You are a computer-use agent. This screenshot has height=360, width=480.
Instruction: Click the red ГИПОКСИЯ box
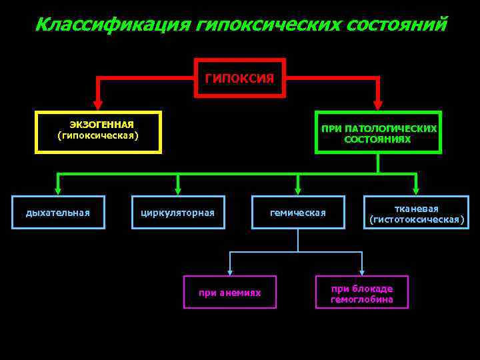(x=239, y=78)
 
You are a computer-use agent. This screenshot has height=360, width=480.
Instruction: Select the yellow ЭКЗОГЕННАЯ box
(x=98, y=131)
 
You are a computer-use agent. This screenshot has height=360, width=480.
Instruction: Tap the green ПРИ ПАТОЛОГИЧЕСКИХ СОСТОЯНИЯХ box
(x=377, y=132)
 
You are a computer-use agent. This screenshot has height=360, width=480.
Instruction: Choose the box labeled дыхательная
(x=58, y=213)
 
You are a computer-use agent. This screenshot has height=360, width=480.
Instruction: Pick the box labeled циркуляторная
(x=178, y=213)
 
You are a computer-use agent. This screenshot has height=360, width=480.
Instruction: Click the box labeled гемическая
(x=298, y=213)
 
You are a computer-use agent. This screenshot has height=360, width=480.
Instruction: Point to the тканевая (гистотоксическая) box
(x=416, y=213)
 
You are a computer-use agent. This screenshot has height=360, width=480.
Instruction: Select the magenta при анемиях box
(x=230, y=293)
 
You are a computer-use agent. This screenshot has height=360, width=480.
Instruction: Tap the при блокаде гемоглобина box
(x=362, y=293)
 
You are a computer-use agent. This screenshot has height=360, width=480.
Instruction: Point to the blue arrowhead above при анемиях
(x=230, y=270)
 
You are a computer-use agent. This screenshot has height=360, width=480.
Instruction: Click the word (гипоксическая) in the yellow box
(x=98, y=136)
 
